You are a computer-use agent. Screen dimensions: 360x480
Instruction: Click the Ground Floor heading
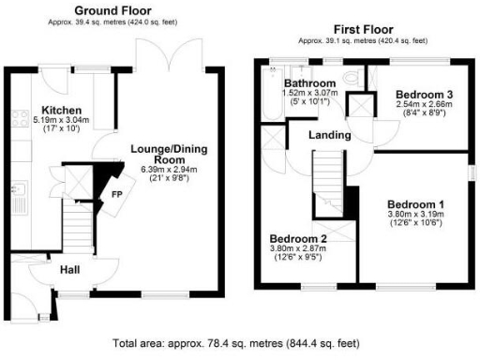pos(115,10)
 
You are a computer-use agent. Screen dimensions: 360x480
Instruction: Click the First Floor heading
pos(361,29)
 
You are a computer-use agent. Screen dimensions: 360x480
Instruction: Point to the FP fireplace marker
pos(116,195)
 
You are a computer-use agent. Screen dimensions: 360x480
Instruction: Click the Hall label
pos(69,270)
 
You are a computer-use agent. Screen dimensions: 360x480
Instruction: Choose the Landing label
pos(332,135)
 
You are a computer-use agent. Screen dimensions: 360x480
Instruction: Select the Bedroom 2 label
pos(297,238)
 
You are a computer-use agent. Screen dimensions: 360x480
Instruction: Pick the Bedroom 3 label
pos(424,94)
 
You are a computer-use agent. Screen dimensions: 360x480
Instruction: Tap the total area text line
pos(239,343)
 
